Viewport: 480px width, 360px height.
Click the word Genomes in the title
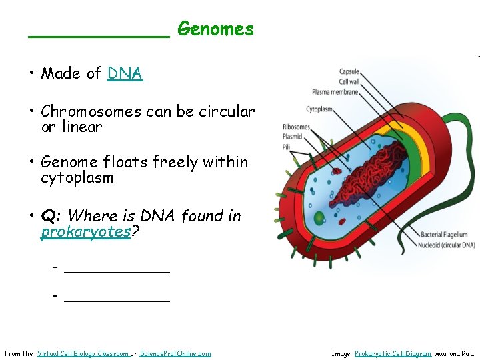[x=215, y=29]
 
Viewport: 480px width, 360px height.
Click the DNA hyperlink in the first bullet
[x=125, y=73]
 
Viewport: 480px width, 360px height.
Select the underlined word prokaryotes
[x=85, y=232]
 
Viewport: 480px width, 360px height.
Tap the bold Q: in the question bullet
[x=51, y=216]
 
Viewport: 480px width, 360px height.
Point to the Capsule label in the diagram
[x=349, y=71]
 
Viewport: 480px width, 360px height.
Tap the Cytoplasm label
[x=320, y=109]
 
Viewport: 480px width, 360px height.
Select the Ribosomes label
[x=296, y=127]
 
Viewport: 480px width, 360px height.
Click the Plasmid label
[x=292, y=137]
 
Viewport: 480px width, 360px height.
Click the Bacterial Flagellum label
[x=448, y=235]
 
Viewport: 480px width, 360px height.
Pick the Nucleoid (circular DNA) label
[x=447, y=245]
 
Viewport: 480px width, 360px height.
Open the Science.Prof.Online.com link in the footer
[x=175, y=353]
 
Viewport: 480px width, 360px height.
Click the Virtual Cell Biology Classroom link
[x=83, y=353]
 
